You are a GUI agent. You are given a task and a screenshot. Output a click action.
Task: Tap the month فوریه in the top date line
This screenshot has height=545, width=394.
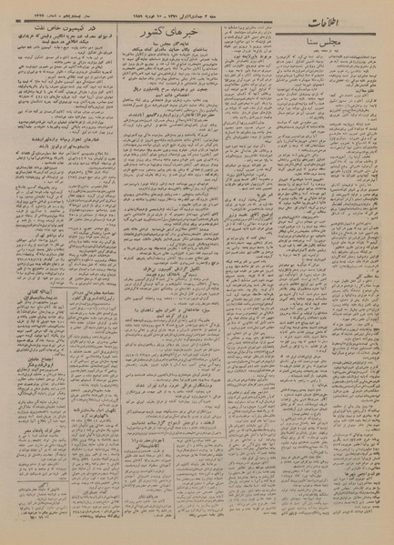204,10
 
